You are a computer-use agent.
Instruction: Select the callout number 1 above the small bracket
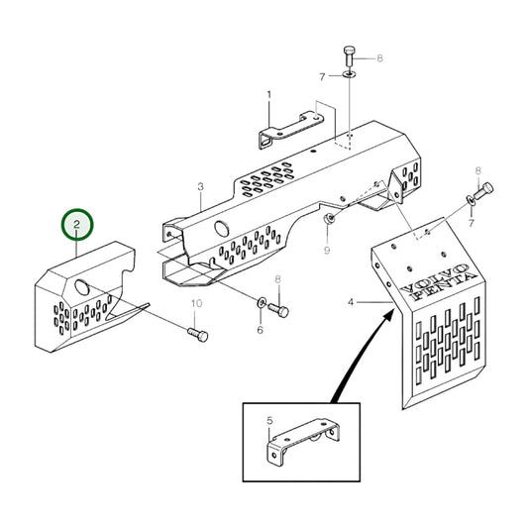(x=267, y=95)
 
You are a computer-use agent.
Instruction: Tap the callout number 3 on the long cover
(x=200, y=186)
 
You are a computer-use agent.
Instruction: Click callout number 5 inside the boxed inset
(x=269, y=421)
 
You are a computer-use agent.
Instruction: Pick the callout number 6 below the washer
(x=260, y=330)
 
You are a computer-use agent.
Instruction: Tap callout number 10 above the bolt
(x=195, y=302)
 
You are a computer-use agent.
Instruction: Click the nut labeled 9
(x=330, y=215)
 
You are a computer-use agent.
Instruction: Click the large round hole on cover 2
(x=79, y=288)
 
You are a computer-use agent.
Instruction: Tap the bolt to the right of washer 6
(x=281, y=310)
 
